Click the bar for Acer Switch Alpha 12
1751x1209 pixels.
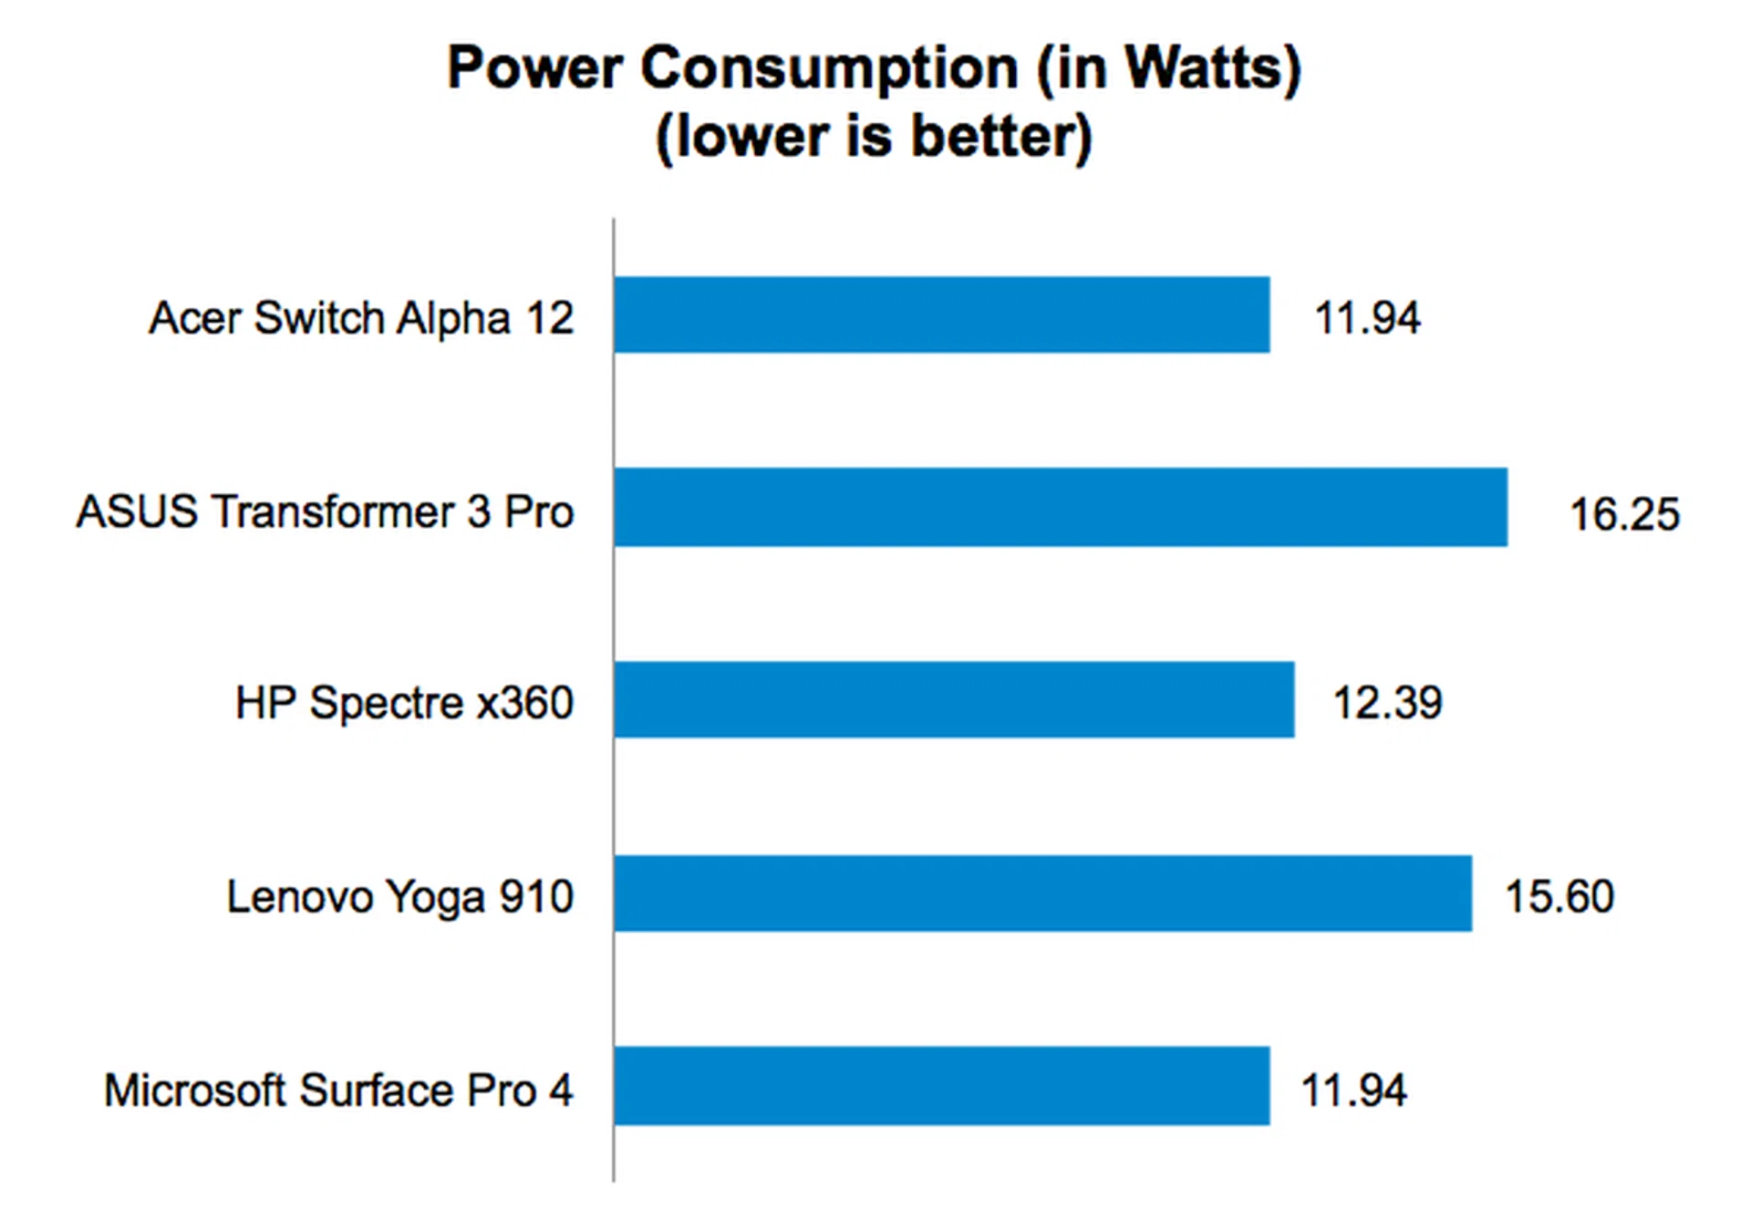point(941,315)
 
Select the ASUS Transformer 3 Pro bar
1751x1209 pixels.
point(1060,508)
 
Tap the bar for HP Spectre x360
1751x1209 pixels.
point(954,699)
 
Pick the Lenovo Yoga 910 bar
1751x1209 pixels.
point(1042,894)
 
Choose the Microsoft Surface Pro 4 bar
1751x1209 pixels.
point(941,1086)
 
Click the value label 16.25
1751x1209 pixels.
point(1623,514)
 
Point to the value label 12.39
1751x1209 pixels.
point(1387,703)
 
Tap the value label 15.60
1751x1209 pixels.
point(1559,896)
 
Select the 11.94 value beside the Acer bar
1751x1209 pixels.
point(1366,318)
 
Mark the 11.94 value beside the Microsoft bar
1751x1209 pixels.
point(1353,1090)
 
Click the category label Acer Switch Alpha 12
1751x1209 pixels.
point(361,318)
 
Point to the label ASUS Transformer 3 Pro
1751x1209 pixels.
point(325,511)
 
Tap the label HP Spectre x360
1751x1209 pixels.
point(404,703)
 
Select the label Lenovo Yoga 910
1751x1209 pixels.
point(399,896)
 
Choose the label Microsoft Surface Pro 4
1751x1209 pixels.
point(338,1090)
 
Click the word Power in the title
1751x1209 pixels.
point(534,68)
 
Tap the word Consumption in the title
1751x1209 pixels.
point(829,68)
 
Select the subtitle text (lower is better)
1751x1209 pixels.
point(874,138)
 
